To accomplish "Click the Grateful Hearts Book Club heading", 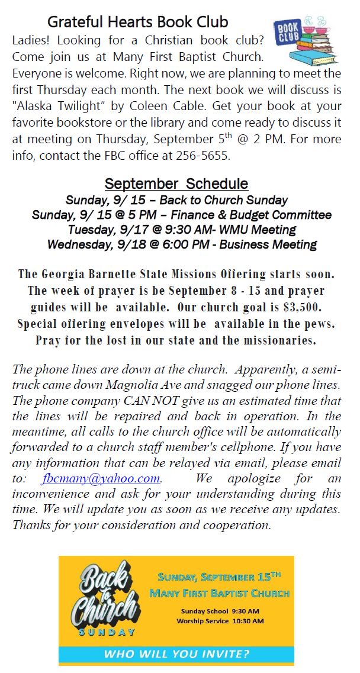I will [x=137, y=22].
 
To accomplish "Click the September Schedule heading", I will [x=176, y=183].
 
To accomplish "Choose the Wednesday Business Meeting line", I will [x=182, y=244].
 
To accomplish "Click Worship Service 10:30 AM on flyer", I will [x=220, y=620].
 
